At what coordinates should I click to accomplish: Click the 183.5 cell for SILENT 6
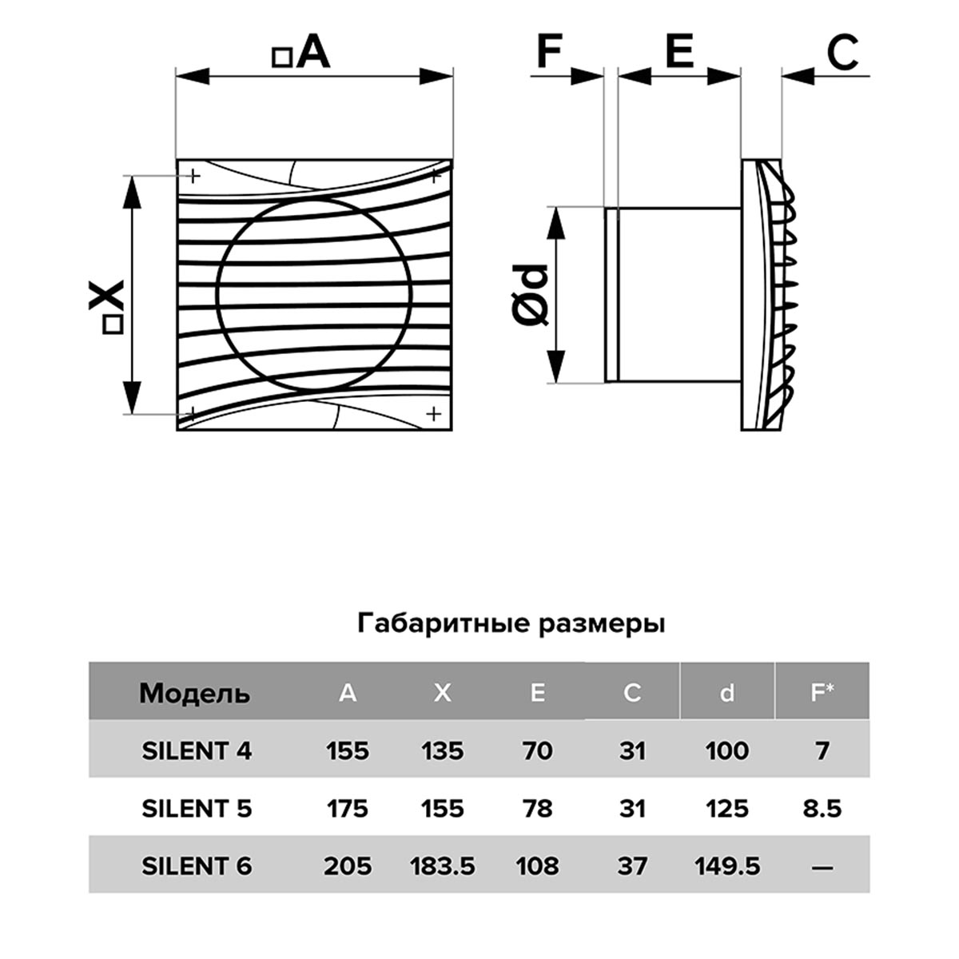[443, 866]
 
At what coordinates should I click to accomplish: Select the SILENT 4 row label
[197, 751]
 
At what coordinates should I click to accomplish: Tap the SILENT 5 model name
[197, 809]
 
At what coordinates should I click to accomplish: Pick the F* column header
[822, 692]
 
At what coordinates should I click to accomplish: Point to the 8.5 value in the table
[822, 809]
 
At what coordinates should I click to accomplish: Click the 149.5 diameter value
[727, 866]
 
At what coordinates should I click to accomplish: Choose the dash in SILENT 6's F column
[822, 868]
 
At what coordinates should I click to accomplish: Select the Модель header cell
[194, 693]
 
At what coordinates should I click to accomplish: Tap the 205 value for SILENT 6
[348, 866]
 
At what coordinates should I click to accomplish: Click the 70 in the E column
[538, 751]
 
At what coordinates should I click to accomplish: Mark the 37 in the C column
[632, 866]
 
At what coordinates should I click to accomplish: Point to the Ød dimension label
[529, 295]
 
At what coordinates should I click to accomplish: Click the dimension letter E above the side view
[679, 51]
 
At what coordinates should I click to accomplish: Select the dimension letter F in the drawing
[549, 51]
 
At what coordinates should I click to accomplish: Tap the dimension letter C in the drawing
[843, 52]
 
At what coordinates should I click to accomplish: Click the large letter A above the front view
[313, 52]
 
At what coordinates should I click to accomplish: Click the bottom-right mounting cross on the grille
[434, 414]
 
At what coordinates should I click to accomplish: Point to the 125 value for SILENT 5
[727, 809]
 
